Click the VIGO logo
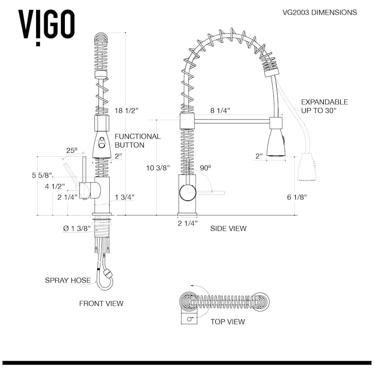tap(46, 25)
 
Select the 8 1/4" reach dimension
tap(220, 111)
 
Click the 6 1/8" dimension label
tap(297, 198)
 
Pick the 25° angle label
tap(71, 151)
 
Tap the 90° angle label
tap(205, 168)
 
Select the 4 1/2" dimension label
tap(56, 186)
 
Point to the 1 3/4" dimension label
tap(124, 197)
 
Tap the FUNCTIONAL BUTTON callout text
tap(137, 140)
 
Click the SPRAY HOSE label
tap(67, 280)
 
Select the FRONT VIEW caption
tap(101, 304)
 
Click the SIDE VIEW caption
tap(228, 229)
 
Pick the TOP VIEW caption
tap(227, 322)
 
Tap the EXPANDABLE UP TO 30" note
tap(324, 106)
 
